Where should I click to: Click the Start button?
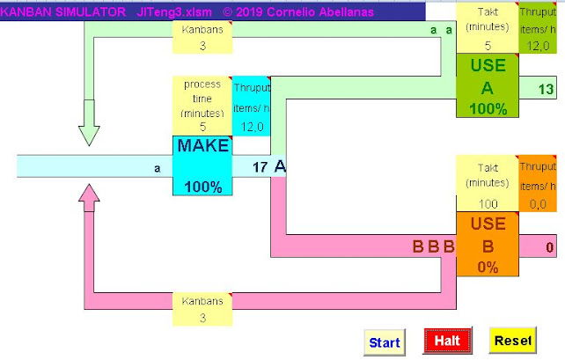384,342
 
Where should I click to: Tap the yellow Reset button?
512,341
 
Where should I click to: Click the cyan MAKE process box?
202,165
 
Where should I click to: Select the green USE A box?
487,87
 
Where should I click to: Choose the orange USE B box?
487,244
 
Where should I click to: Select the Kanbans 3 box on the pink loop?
202,308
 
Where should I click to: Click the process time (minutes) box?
202,106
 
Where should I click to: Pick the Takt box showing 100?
487,184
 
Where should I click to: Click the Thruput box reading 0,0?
537,184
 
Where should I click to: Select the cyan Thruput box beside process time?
252,106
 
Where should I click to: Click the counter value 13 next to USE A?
546,88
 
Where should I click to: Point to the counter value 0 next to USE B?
549,247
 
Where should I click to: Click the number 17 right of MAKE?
260,166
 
